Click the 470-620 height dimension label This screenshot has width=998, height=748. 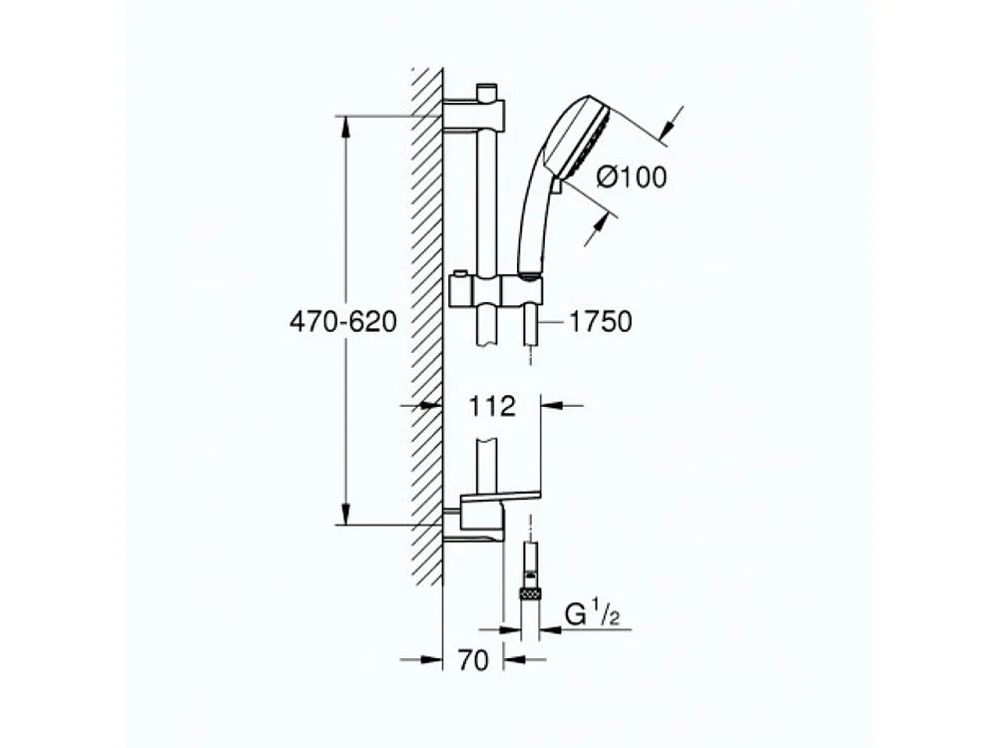click(342, 322)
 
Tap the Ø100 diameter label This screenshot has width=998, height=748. click(631, 178)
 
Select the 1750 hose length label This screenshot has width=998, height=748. click(602, 321)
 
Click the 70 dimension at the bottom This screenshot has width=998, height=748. click(474, 659)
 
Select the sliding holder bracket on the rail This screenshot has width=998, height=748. click(496, 292)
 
